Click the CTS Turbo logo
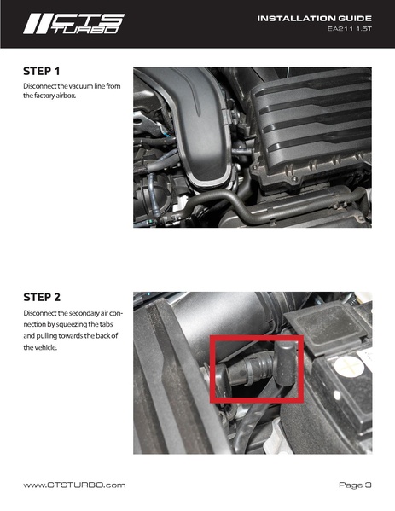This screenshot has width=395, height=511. pyautogui.click(x=74, y=24)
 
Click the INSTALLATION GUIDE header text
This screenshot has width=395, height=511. pyautogui.click(x=315, y=18)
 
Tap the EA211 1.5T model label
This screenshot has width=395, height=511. pyautogui.click(x=350, y=29)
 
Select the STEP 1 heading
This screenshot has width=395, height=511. pyautogui.click(x=42, y=71)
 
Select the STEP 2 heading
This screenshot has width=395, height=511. pyautogui.click(x=42, y=297)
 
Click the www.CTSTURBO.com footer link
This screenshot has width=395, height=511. pyautogui.click(x=74, y=485)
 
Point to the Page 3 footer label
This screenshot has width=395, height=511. pyautogui.click(x=355, y=485)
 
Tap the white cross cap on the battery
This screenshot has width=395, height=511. pyautogui.click(x=349, y=366)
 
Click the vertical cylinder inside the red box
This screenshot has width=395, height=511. pyautogui.click(x=286, y=363)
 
